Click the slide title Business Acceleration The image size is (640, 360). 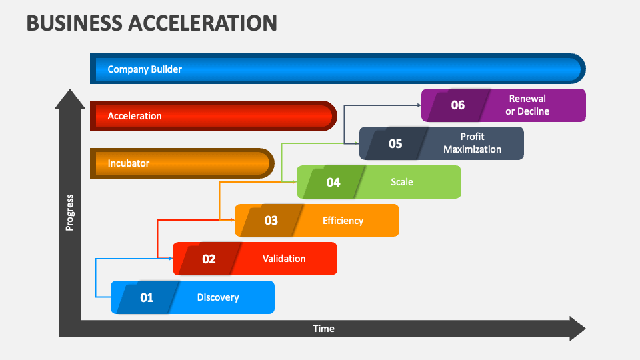click(151, 23)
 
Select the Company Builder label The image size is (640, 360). click(145, 69)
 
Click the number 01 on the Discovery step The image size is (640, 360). click(147, 297)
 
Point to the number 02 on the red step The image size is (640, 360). click(209, 259)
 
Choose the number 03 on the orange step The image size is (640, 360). click(271, 220)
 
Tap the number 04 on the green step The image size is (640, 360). click(333, 182)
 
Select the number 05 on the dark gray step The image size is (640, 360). click(395, 143)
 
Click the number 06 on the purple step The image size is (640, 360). click(457, 105)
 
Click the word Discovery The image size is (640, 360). click(218, 297)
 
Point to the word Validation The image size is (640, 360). click(284, 259)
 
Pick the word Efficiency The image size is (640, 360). click(343, 220)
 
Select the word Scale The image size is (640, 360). click(402, 182)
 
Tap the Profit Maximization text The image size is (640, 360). click(472, 143)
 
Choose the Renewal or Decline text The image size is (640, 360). click(527, 105)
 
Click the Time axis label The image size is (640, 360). click(324, 329)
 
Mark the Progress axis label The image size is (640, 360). click(69, 213)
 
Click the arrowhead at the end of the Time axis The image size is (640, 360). click(577, 329)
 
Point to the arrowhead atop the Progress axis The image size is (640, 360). click(69, 99)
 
